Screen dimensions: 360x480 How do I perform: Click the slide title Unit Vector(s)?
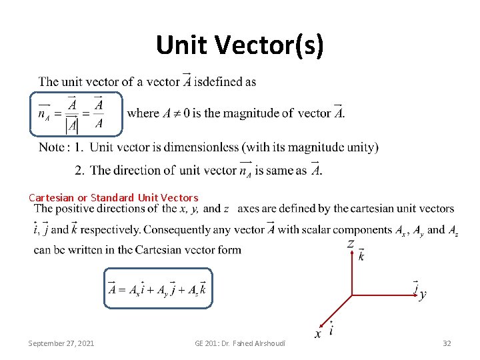click(240, 45)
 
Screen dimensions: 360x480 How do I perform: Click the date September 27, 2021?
click(61, 343)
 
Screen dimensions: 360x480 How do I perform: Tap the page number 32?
click(447, 343)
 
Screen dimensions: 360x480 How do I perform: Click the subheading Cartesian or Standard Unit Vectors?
click(113, 197)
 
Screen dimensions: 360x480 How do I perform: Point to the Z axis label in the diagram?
click(350, 245)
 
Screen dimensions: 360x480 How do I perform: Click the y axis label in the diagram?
click(423, 295)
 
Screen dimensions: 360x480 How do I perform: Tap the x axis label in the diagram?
click(318, 333)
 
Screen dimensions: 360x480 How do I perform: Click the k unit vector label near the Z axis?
click(361, 256)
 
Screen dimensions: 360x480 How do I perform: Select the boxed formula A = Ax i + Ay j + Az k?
click(158, 289)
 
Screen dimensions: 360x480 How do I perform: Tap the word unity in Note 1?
click(360, 147)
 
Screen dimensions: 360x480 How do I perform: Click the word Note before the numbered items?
click(52, 147)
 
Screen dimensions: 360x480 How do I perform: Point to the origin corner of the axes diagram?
click(352, 293)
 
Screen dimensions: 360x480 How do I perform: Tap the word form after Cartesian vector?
click(229, 250)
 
